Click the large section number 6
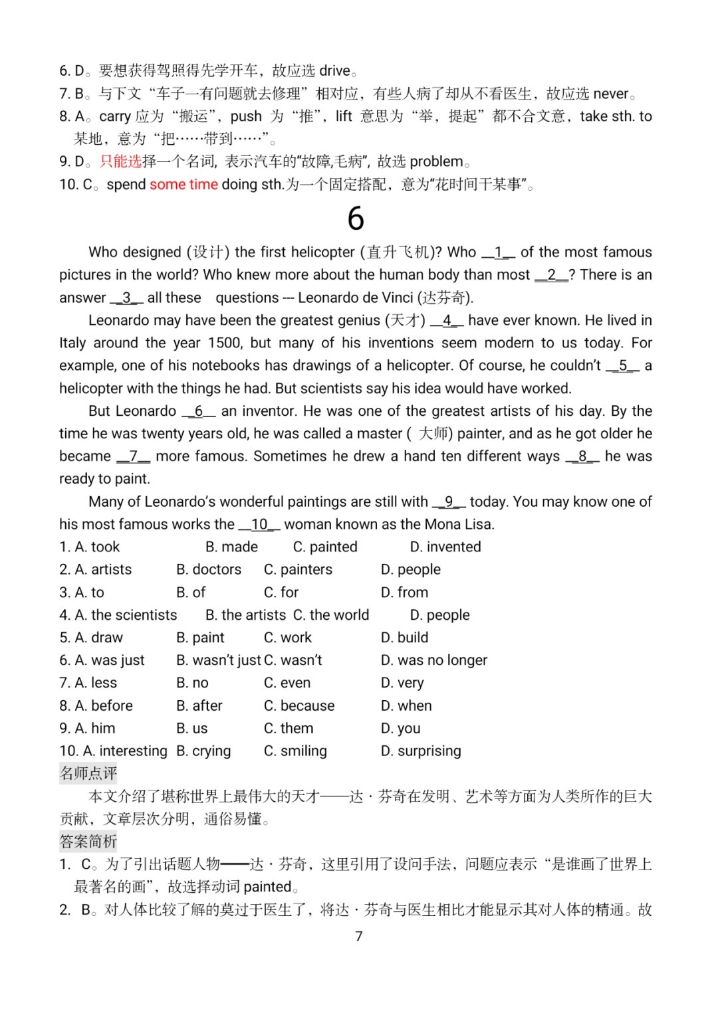tap(356, 219)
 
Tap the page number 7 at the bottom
tap(359, 936)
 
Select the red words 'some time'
tap(183, 184)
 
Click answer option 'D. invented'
tap(445, 547)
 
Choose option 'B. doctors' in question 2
tap(209, 569)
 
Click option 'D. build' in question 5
tap(404, 638)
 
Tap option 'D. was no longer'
tap(433, 660)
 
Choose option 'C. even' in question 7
tap(287, 683)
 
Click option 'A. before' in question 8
tap(103, 705)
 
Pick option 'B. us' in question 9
tap(192, 728)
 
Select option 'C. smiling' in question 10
tap(295, 751)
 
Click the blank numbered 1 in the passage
tap(498, 252)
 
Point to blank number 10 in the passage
tap(259, 524)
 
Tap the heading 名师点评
tap(88, 773)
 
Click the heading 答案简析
tap(88, 842)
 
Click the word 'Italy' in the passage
tap(72, 343)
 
